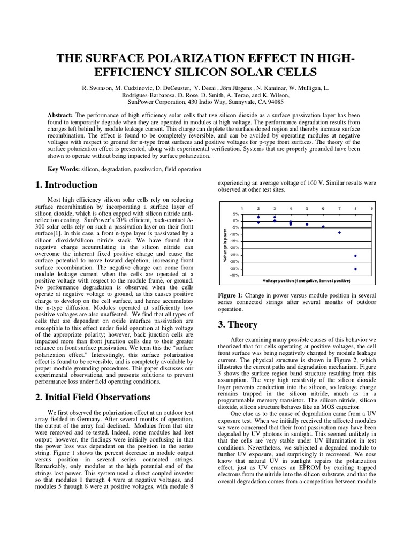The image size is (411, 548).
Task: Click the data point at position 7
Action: [x=339, y=233]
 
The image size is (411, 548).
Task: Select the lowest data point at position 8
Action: [x=355, y=269]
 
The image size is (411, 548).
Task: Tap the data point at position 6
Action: [x=323, y=227]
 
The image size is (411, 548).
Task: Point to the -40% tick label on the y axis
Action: [x=234, y=276]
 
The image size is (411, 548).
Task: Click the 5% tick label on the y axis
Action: [x=235, y=214]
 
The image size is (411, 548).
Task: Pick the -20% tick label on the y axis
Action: [x=234, y=248]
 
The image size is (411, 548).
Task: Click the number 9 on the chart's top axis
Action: [x=371, y=208]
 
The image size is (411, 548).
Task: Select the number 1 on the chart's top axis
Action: [x=242, y=208]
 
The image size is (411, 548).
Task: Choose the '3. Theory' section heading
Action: [x=238, y=324]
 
